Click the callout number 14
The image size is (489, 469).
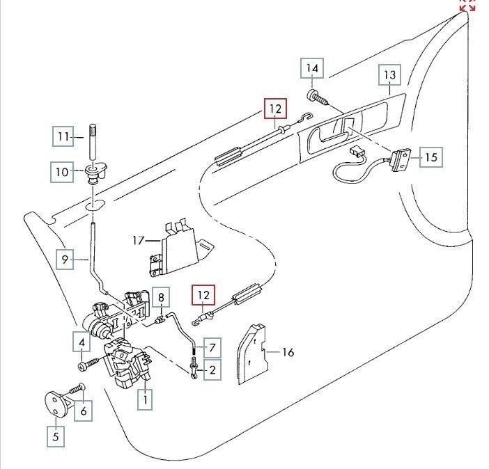coord(312,69)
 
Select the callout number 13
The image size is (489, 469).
coord(389,74)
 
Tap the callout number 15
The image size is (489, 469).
coord(431,157)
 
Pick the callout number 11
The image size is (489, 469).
coord(63,138)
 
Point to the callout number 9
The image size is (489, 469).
coord(65,260)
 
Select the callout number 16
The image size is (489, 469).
coord(288,353)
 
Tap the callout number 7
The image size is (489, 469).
coord(212,345)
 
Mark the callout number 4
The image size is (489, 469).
coord(81,342)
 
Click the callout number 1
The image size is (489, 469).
coord(146,400)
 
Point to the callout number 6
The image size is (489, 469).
coord(83,411)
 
